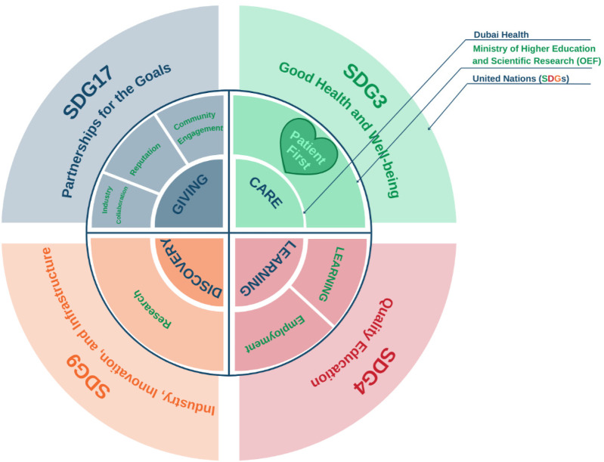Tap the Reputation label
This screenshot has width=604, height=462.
pos(144,160)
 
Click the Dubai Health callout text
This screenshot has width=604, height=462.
pos(500,34)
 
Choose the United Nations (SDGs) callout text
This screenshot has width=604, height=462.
pos(521,79)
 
